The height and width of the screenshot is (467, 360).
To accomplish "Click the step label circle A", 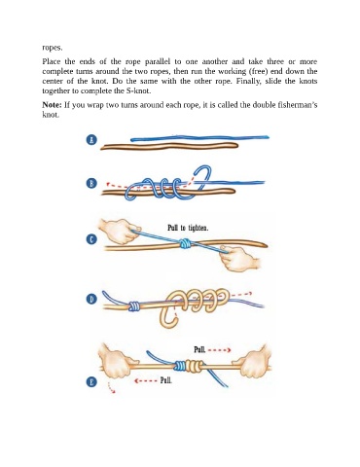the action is coord(91,140).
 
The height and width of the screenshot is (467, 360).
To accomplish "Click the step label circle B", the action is coord(91,183).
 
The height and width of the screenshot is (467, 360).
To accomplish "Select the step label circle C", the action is coord(91,239).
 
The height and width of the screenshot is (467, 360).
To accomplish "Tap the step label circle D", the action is coord(91,299).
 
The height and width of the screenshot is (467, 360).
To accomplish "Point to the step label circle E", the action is coord(91,381).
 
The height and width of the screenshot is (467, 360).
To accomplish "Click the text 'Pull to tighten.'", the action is coord(188,228).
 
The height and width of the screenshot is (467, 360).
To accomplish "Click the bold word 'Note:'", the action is coord(52,105).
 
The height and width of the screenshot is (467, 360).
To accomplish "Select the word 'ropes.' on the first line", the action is coord(53,48).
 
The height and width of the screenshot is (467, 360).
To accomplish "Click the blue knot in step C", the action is coord(185,243).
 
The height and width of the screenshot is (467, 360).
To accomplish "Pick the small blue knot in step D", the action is coord(134,306).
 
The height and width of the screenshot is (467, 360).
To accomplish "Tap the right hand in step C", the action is coord(239,258).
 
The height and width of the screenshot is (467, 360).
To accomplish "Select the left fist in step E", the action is coord(118,361).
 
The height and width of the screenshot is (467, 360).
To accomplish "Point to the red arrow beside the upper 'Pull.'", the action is coord(219,350).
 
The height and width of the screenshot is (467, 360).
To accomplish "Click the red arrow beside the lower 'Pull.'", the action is coord(146,380).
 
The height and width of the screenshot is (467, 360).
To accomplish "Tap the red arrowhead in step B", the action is coord(109,185).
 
